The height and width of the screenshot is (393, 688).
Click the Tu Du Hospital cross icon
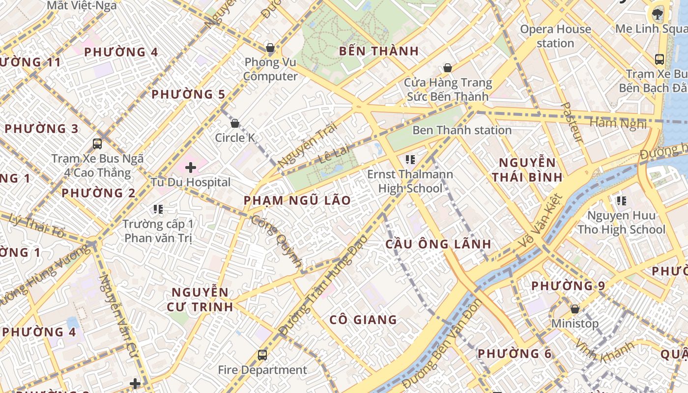(x=191, y=168)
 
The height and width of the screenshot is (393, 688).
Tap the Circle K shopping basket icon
(x=235, y=123)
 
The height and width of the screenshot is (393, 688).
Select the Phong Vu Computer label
(x=271, y=69)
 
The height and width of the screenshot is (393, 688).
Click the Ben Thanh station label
(x=462, y=130)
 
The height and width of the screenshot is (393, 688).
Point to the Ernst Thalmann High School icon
(x=410, y=159)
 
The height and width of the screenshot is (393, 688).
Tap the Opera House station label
(x=555, y=36)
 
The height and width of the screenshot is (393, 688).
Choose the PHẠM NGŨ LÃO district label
(x=297, y=200)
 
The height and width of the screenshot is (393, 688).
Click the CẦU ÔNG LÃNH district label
(x=438, y=244)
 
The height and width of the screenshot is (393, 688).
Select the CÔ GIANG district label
(x=363, y=320)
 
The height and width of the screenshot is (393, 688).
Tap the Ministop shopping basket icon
(x=574, y=309)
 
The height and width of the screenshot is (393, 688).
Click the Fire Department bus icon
(x=262, y=355)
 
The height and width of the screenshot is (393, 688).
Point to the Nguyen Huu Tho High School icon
(x=621, y=200)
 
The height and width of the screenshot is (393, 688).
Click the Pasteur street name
(x=572, y=123)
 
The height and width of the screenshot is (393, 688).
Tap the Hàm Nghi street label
(x=618, y=123)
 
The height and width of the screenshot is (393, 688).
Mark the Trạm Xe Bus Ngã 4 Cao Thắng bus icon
(x=97, y=144)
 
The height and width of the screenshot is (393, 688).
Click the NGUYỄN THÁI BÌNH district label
(x=527, y=169)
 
